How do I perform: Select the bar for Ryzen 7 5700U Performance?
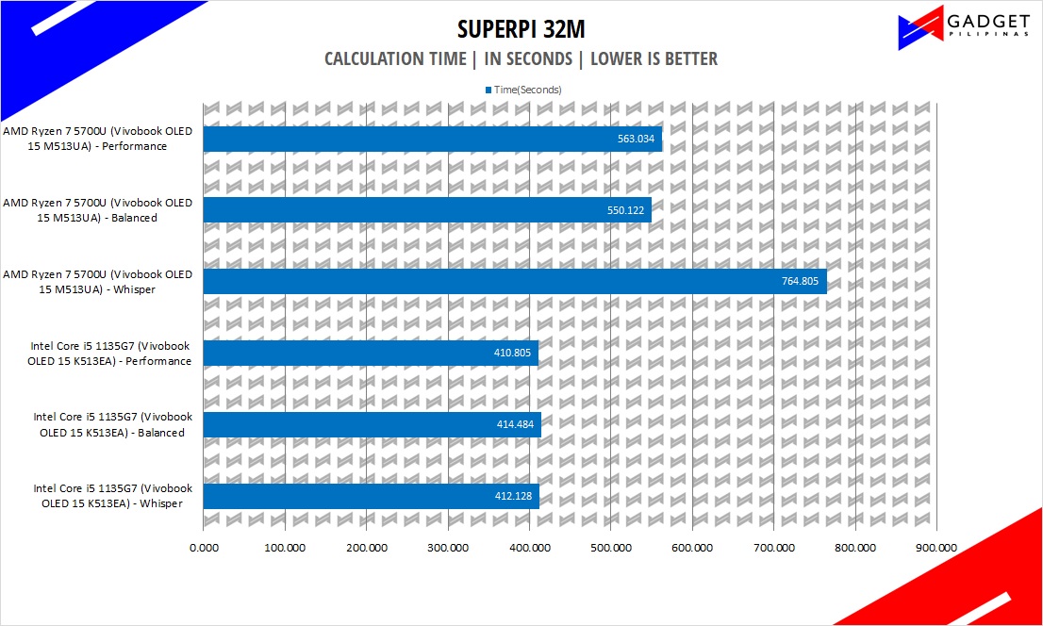[x=432, y=139]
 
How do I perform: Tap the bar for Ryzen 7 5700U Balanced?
[x=426, y=210]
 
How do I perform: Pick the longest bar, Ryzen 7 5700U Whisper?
[x=514, y=282]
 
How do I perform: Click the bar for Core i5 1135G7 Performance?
[x=370, y=354]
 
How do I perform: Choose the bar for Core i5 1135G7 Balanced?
[x=372, y=425]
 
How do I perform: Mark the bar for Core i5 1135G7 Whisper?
[x=371, y=497]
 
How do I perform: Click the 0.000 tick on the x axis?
[x=204, y=547]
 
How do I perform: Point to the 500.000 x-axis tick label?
[x=610, y=547]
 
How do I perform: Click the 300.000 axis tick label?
[x=447, y=547]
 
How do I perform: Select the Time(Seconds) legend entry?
[x=524, y=90]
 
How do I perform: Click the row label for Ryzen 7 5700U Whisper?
[x=98, y=282]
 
